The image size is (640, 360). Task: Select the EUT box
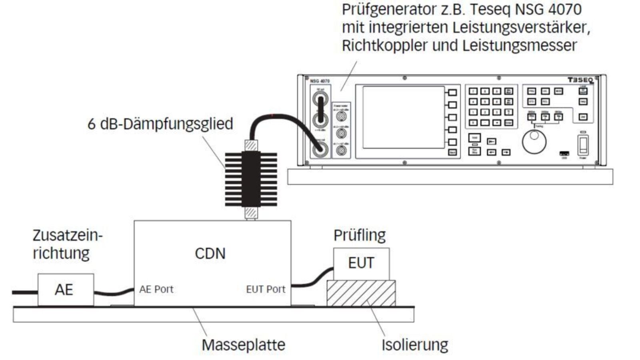(361, 263)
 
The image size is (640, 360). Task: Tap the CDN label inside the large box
(210, 254)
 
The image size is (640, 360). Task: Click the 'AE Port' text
(156, 289)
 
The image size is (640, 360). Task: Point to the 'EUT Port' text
(266, 289)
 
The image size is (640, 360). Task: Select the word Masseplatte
(243, 345)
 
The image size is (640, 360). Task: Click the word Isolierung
(414, 345)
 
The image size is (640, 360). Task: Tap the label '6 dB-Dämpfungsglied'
(160, 124)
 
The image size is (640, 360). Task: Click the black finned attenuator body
(251, 179)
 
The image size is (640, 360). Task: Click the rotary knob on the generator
(534, 142)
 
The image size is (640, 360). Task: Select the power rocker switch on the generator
(583, 146)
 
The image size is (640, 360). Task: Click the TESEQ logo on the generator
(580, 80)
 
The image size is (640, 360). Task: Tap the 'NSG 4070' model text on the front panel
(320, 81)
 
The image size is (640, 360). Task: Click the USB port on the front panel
(564, 153)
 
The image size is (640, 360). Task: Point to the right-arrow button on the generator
(506, 152)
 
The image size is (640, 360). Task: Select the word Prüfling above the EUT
(359, 235)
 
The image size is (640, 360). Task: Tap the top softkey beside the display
(452, 92)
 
